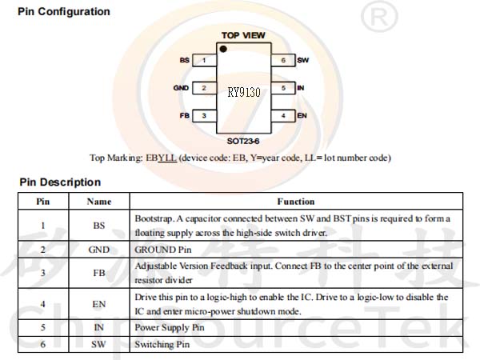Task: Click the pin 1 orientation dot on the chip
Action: tap(223, 49)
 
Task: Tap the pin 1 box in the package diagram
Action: tap(204, 60)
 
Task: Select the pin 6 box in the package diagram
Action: tap(283, 60)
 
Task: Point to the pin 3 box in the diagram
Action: tap(204, 116)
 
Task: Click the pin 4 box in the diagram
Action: tap(283, 116)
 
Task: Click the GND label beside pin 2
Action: tap(181, 88)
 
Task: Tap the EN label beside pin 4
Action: tap(302, 116)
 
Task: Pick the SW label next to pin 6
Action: tap(302, 60)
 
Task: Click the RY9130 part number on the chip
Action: tap(244, 92)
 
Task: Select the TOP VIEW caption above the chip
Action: tap(243, 35)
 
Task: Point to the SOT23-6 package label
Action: tap(243, 141)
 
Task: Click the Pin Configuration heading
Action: tap(64, 12)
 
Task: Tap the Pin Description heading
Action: tap(60, 182)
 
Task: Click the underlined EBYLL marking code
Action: tap(161, 158)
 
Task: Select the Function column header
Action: tap(296, 202)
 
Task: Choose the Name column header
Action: tap(99, 202)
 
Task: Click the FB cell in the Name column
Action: tap(99, 273)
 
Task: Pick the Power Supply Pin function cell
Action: tap(170, 328)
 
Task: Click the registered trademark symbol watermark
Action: tap(379, 17)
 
